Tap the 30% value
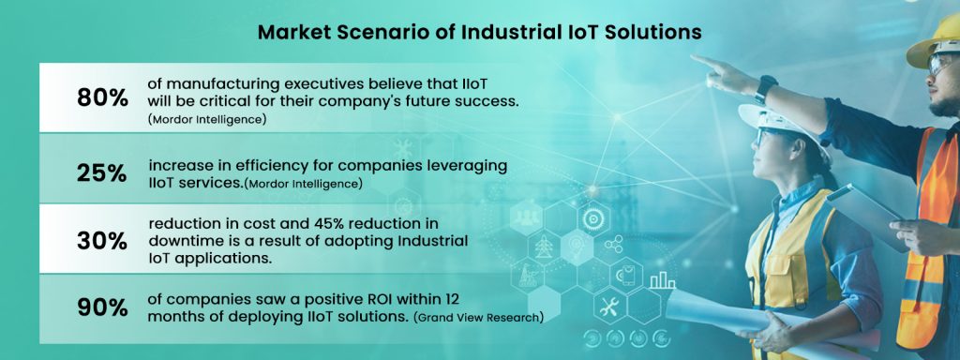(102, 241)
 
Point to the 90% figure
(102, 307)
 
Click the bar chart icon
(663, 278)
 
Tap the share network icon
(614, 246)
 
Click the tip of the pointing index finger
(695, 59)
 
